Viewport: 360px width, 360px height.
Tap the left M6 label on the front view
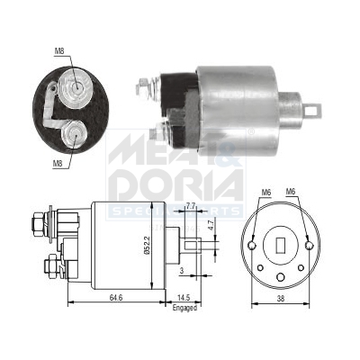[265, 192]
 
